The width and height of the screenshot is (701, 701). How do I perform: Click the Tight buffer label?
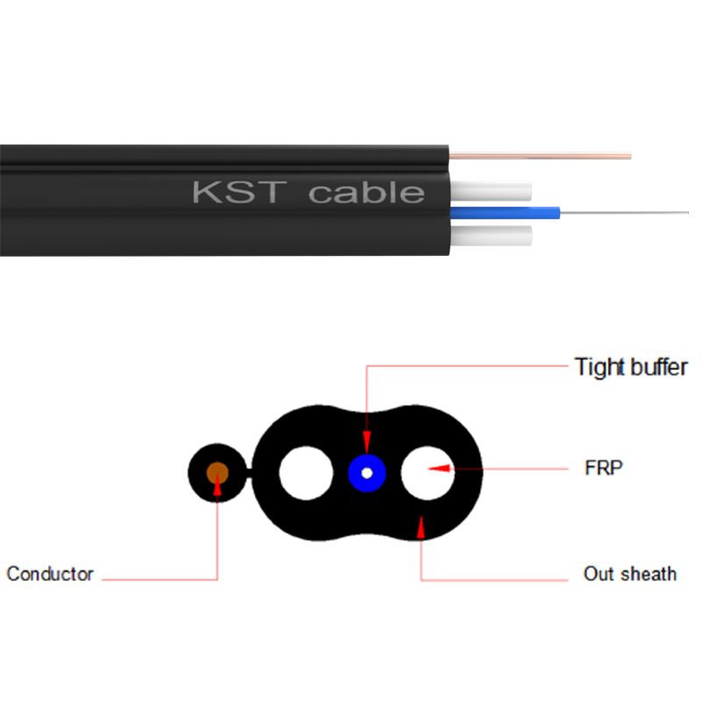[630, 366]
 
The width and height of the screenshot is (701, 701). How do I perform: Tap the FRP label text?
[603, 468]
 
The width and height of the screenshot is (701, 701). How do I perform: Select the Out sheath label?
[630, 574]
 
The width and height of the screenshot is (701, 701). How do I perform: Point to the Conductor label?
[50, 574]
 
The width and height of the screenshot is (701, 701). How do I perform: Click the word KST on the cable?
[236, 192]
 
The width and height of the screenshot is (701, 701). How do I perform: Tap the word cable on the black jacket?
[366, 192]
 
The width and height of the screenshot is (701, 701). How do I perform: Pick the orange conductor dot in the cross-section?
[217, 473]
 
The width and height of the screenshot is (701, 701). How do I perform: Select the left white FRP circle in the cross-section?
[306, 473]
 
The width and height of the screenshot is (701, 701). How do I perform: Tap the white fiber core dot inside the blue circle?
[367, 474]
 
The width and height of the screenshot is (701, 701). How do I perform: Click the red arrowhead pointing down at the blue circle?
[367, 446]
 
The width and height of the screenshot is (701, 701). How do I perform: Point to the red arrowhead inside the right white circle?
[443, 469]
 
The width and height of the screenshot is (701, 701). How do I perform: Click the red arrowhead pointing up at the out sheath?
[421, 525]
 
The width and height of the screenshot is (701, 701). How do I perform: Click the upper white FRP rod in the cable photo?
[491, 190]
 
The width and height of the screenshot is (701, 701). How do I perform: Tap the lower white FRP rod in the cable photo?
[491, 233]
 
